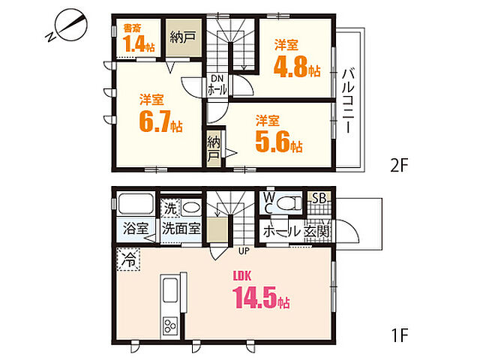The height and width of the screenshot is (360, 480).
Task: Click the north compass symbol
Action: coord(67,28)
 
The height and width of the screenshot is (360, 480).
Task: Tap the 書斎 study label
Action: coord(132,28)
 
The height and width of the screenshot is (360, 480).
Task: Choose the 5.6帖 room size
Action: coord(277,143)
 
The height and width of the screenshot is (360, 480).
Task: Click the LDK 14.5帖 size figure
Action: coord(262,298)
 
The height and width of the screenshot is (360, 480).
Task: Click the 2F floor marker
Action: coord(398,166)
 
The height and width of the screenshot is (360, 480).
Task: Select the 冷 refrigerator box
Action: coord(128,261)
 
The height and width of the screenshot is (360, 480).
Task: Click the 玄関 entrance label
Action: coord(318,231)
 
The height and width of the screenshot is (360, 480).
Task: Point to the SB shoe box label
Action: coord(318,199)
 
